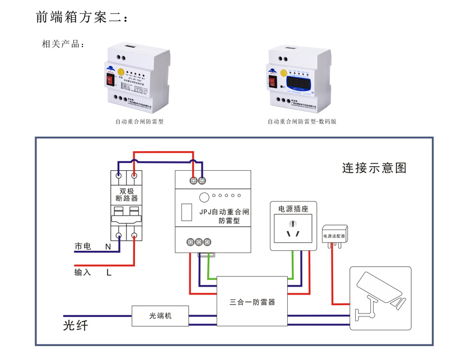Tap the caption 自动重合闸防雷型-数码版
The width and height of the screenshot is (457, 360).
(302, 121)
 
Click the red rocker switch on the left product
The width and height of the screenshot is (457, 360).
(109, 81)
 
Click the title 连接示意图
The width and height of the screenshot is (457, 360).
(374, 167)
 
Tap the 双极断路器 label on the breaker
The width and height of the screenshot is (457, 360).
(127, 194)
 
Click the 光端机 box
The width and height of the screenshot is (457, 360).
(161, 316)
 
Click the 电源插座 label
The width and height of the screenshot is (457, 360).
(293, 209)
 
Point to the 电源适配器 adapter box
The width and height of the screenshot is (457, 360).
(335, 236)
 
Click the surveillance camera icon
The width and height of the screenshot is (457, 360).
(381, 295)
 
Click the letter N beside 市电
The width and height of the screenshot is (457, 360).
(108, 246)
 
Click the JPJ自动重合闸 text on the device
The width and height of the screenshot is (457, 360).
(224, 212)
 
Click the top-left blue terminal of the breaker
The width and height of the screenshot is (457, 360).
(119, 176)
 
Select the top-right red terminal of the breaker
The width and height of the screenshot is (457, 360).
(134, 176)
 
